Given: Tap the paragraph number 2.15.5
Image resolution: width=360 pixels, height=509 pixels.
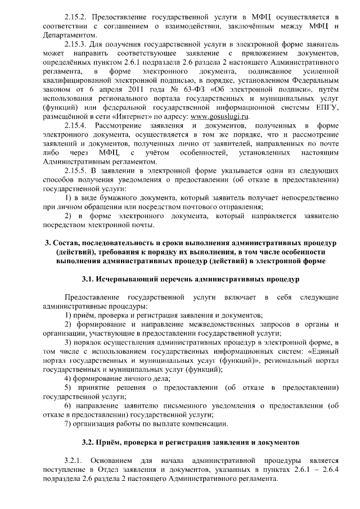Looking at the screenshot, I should coord(77,170).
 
